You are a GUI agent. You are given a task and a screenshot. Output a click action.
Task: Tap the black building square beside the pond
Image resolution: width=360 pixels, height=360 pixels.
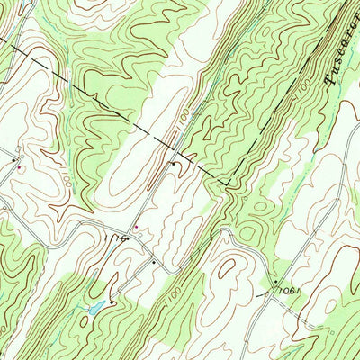coord(111,302)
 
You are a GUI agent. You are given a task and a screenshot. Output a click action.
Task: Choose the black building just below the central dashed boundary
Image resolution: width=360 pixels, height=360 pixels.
coord(174,164)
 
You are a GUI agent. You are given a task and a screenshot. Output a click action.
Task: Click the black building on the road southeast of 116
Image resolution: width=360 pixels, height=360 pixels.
coord(153,262)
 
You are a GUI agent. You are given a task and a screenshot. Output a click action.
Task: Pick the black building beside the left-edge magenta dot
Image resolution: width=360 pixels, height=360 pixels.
coord(15,160)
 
